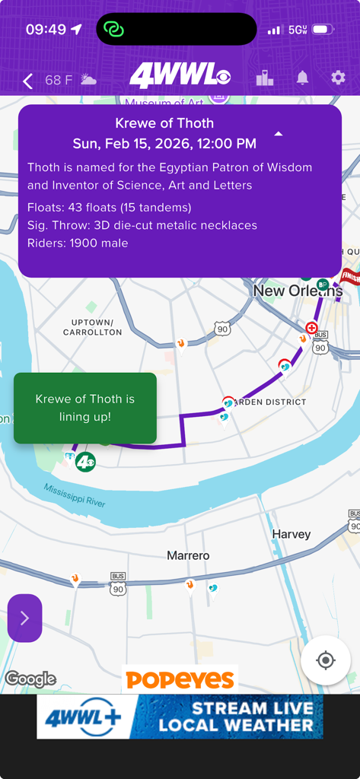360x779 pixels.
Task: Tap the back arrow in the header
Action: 28,81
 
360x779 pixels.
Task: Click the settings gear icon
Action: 338,78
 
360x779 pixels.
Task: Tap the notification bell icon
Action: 302,78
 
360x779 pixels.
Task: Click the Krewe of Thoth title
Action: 164,123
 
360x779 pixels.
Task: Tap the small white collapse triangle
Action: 279,134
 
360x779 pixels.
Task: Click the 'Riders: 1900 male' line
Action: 78,243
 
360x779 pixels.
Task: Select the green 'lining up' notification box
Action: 85,408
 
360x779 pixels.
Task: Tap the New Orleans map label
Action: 297,291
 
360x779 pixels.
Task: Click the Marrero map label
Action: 188,556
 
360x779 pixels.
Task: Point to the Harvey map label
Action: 292,535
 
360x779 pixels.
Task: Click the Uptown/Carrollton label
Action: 91,327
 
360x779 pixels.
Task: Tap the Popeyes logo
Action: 180,679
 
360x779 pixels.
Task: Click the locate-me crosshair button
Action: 326,660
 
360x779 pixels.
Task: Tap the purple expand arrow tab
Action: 24,618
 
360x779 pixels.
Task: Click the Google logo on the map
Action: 30,679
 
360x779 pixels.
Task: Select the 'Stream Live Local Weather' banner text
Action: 235,717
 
